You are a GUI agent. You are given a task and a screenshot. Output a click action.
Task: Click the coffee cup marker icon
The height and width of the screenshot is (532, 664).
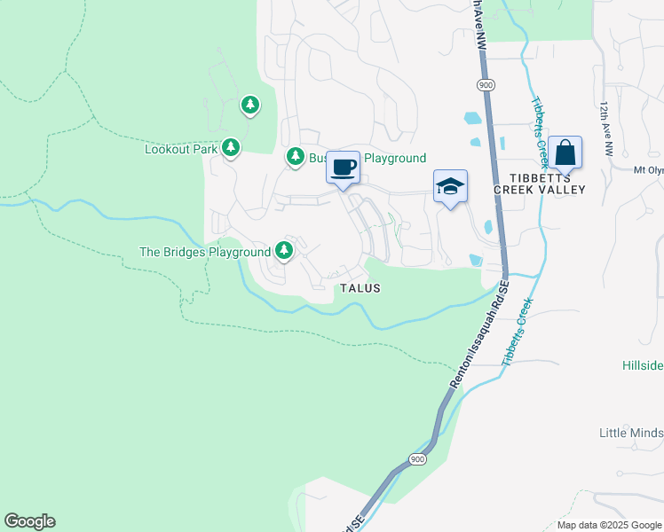(344, 167)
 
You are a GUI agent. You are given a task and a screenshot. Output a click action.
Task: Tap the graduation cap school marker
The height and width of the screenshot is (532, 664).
(450, 186)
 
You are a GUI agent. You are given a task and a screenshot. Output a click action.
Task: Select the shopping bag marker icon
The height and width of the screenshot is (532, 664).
(565, 153)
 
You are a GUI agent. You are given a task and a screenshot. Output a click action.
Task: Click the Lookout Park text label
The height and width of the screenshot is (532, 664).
(181, 149)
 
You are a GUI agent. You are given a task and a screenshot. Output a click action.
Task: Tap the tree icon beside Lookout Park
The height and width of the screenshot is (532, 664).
(231, 147)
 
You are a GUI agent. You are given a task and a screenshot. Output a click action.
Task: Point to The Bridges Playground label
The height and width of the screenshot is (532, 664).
(205, 252)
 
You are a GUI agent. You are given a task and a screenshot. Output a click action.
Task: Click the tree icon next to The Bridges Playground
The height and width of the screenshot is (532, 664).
(284, 251)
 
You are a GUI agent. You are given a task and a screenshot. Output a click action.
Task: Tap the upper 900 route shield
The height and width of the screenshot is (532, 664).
(485, 84)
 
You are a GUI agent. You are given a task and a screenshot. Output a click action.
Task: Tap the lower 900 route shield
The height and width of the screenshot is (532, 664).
(417, 458)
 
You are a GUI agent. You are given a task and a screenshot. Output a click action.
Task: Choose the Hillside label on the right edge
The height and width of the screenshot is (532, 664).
(642, 365)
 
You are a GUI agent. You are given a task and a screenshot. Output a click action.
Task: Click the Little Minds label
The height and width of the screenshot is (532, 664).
(631, 433)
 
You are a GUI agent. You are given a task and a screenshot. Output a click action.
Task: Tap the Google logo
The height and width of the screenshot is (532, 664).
(29, 521)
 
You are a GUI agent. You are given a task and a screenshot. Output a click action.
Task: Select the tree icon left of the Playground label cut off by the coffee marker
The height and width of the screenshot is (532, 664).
(296, 157)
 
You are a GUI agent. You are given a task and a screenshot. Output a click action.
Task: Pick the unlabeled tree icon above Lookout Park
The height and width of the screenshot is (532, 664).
(250, 106)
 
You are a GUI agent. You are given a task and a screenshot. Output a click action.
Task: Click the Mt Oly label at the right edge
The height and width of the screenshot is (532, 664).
(648, 170)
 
